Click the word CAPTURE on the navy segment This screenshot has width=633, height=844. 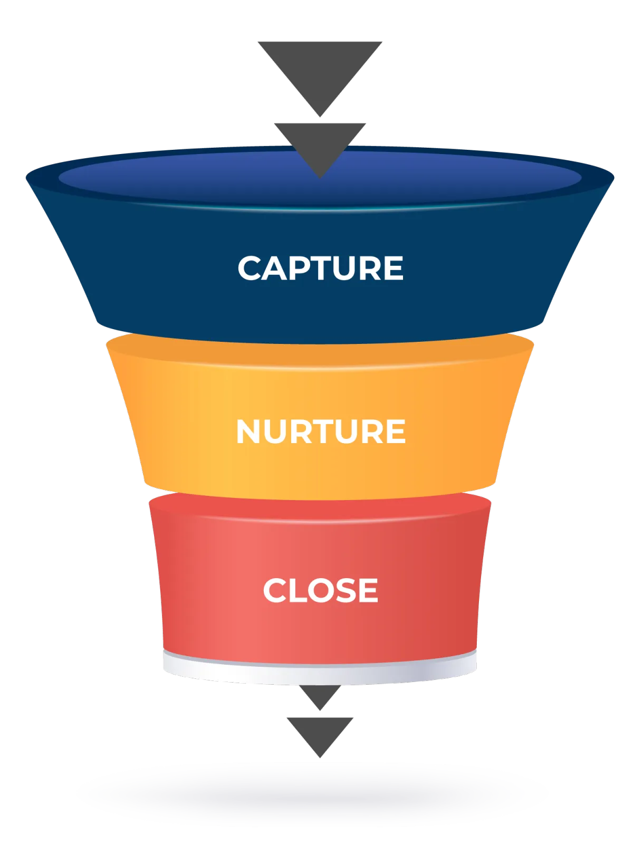320,268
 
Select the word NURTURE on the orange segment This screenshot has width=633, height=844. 320,431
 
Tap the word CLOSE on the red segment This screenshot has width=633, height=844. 320,590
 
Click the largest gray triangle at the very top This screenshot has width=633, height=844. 320,69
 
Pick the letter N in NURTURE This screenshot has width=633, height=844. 250,431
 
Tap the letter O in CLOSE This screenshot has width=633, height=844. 316,590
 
